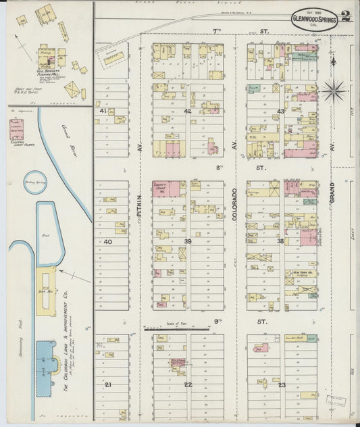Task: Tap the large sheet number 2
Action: click(x=346, y=16)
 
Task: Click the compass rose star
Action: click(x=334, y=89)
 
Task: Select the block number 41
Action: click(x=103, y=110)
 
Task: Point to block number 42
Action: click(x=187, y=111)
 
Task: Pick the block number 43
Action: click(x=280, y=111)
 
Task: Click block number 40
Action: click(x=107, y=241)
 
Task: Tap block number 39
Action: click(x=187, y=241)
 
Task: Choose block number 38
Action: click(x=280, y=241)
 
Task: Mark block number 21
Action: click(x=107, y=384)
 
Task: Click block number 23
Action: click(x=282, y=384)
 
